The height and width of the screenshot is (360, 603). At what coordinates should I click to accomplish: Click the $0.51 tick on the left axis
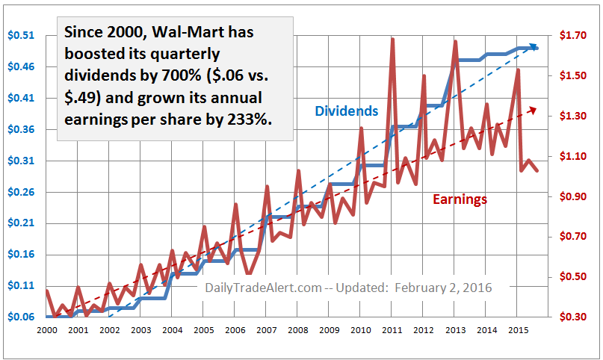point(18,35)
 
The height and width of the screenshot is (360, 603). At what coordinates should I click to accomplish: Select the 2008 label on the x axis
point(297,329)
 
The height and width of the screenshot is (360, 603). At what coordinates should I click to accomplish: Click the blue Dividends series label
point(346,111)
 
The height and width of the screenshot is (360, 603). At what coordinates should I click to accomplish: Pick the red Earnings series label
point(460,199)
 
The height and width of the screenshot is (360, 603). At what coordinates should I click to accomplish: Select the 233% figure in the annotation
point(241,119)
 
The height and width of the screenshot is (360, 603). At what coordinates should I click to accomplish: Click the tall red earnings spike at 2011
point(392,39)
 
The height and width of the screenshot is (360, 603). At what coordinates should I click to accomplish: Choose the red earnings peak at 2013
point(455,41)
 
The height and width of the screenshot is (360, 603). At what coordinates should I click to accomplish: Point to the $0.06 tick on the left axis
point(18,317)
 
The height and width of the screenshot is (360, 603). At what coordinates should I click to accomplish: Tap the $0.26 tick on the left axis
point(18,192)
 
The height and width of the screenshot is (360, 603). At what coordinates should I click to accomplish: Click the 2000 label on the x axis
point(46,329)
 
